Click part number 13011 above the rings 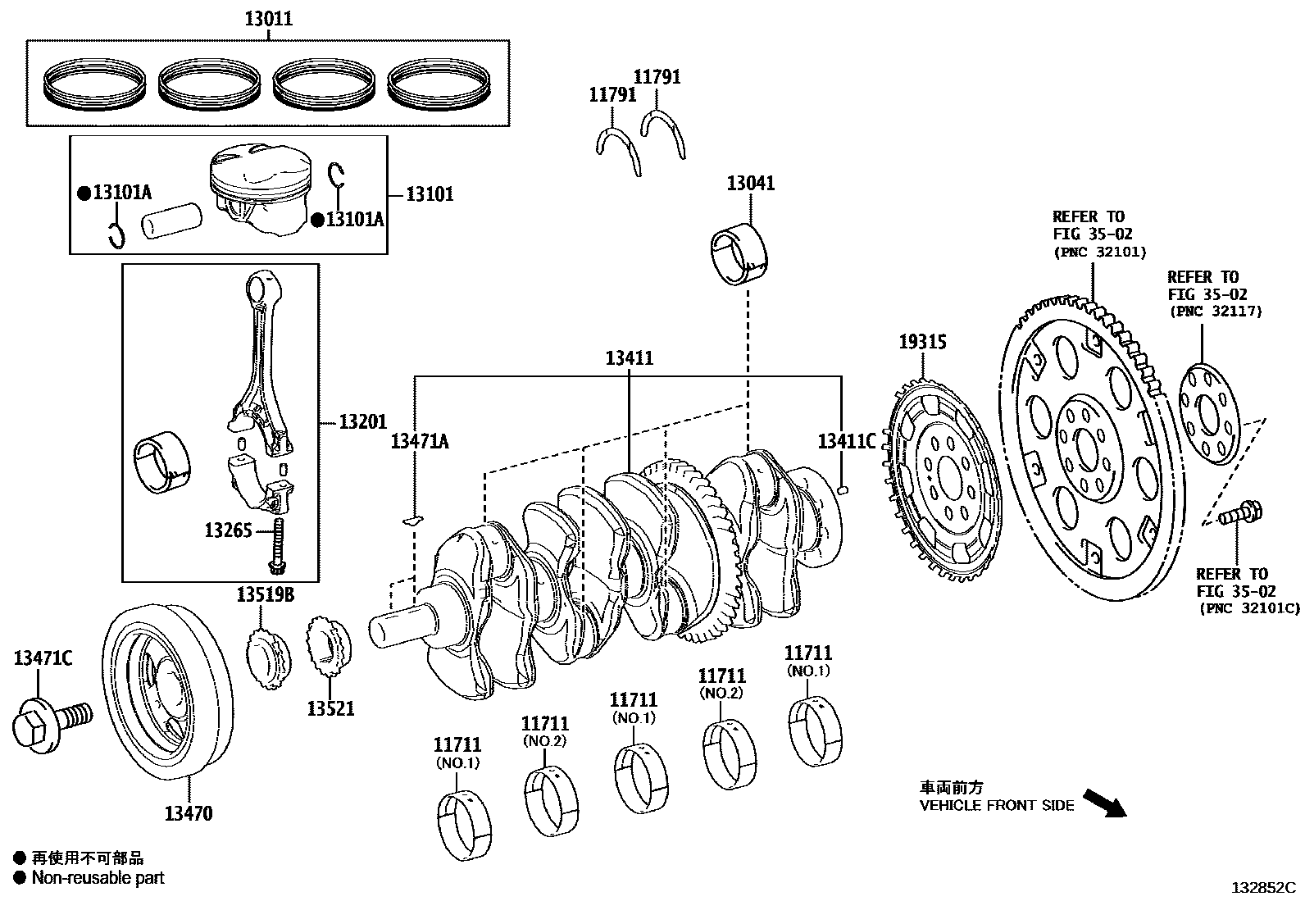pos(268,18)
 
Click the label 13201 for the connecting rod pos(362,421)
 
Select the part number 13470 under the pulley pos(189,813)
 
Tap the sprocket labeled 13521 pos(327,648)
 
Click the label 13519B pos(266,594)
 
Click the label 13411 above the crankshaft pos(629,358)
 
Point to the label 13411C pos(846,441)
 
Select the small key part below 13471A pos(415,519)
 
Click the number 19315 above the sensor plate pos(922,342)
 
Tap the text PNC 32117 pos(1215,312)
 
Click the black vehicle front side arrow pos(1104,803)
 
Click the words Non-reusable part pos(98,878)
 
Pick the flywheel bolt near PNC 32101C pos(1240,513)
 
